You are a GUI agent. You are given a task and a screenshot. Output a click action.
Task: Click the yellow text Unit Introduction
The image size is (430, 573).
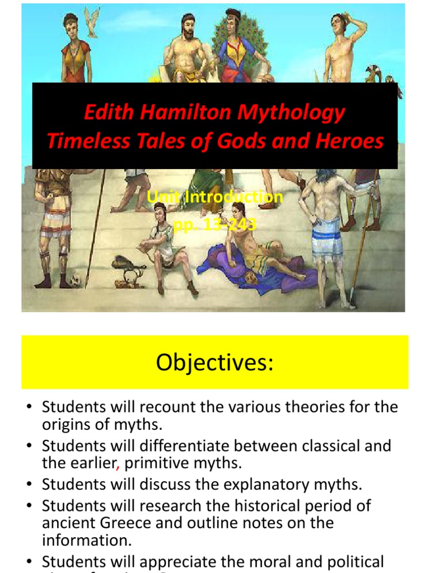click(215, 197)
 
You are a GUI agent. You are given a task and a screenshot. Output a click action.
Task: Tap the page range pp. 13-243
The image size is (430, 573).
click(215, 225)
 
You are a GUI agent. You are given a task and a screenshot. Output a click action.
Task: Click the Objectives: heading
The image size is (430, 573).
click(215, 363)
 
